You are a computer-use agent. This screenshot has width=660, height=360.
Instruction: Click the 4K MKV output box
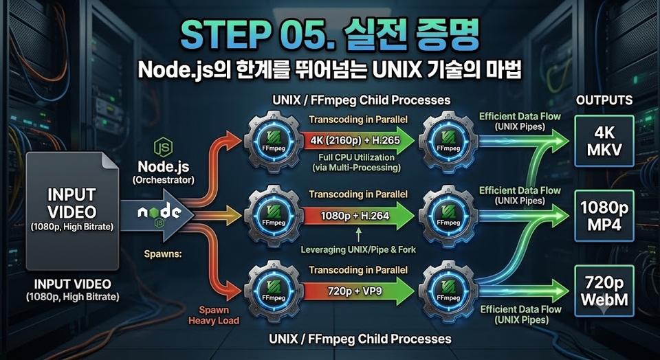pos(604,141)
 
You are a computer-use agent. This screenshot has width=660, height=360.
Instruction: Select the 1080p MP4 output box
pos(604,216)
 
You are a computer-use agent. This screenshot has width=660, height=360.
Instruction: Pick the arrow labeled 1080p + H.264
pos(357,216)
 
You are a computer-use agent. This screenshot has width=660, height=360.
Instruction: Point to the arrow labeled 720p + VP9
pos(357,291)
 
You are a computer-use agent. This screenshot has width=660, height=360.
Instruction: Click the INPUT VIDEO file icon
pos(72,210)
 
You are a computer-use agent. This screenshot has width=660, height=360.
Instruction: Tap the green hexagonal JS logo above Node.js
pos(163,148)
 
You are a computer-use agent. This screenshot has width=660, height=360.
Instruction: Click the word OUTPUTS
pos(604,100)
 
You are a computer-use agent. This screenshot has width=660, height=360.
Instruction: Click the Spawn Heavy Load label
pos(214,315)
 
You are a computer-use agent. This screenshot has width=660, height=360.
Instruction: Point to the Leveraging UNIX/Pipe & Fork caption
pos(358,250)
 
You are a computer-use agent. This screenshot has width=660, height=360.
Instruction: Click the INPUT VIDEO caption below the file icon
pos(72,290)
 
